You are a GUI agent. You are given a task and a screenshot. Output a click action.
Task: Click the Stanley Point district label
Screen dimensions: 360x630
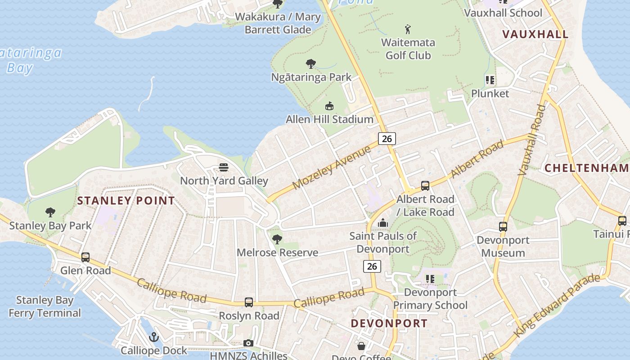click(x=126, y=201)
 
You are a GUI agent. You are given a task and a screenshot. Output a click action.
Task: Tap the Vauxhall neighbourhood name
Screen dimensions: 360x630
click(x=535, y=34)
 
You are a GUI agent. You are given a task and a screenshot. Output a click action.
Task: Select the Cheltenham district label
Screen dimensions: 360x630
click(x=586, y=168)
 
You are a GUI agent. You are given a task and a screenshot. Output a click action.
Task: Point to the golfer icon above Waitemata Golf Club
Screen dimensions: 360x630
click(x=408, y=30)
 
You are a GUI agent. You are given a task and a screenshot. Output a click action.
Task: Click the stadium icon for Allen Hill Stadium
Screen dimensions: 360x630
click(x=329, y=106)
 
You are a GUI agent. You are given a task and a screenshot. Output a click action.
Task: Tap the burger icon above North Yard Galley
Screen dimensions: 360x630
click(x=224, y=168)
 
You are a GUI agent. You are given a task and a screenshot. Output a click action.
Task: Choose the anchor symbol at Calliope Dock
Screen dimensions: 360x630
click(x=154, y=337)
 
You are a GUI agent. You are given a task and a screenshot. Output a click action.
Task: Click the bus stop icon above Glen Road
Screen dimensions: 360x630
click(x=85, y=257)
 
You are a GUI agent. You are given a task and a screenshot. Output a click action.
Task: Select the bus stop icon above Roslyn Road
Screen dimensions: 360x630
click(x=249, y=302)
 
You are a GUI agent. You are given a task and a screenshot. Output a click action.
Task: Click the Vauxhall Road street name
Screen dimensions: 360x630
click(x=531, y=140)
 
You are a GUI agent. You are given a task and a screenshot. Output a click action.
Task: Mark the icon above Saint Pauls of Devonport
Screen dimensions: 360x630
click(x=383, y=223)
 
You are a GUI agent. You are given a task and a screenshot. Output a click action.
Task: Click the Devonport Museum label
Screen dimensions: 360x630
click(x=503, y=246)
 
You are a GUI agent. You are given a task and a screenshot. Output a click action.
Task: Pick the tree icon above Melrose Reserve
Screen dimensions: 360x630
click(x=277, y=239)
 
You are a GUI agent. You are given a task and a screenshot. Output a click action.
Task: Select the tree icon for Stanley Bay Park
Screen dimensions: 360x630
click(x=50, y=212)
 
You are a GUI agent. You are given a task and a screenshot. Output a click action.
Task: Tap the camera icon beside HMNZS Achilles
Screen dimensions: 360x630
click(x=248, y=343)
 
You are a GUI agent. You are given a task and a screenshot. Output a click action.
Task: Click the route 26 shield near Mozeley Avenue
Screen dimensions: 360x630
click(x=387, y=139)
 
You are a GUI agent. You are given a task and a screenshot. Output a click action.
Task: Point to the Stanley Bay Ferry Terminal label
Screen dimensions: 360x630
click(x=45, y=306)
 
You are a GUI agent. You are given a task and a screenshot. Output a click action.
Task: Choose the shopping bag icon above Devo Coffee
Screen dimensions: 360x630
click(x=361, y=346)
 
